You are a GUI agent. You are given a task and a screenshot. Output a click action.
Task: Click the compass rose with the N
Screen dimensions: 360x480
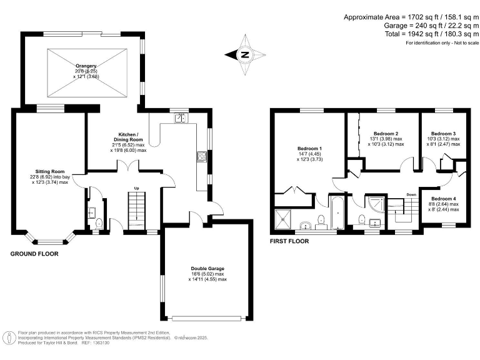(x=244, y=54)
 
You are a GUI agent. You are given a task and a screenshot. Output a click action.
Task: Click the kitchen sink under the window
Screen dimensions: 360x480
(x=180, y=117)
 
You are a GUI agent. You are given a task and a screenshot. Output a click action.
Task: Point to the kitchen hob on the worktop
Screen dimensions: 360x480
(x=202, y=156)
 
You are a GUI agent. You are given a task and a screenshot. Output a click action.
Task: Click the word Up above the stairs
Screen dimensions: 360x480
(x=137, y=187)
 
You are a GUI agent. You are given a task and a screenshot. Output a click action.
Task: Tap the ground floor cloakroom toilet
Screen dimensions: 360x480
(x=99, y=222)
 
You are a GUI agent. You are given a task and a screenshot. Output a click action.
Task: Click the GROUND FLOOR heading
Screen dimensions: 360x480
(x=34, y=254)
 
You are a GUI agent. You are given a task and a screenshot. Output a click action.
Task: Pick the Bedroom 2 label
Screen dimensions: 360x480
(x=386, y=134)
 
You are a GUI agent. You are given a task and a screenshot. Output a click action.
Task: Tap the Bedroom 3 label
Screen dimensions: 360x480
(x=444, y=134)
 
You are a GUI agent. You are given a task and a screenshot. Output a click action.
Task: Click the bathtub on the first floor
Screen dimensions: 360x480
(x=336, y=215)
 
